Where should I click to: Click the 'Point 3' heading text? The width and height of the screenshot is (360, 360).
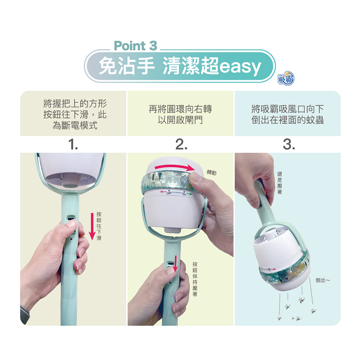click(x=135, y=46)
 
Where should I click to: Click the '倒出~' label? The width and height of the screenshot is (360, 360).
click(x=323, y=280)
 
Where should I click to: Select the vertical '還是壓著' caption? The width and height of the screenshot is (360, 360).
click(x=279, y=183)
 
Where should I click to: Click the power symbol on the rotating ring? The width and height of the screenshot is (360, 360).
click(x=183, y=180)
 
